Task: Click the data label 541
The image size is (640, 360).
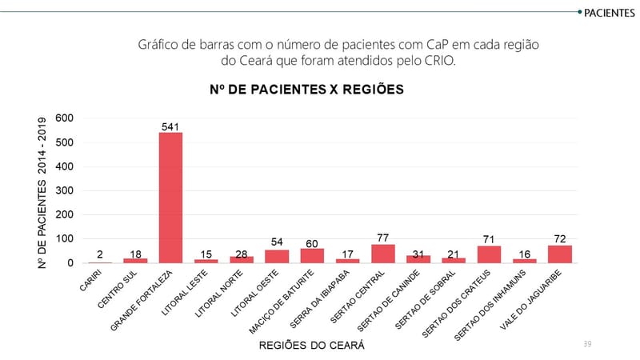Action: (170, 126)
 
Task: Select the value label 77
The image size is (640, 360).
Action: (383, 238)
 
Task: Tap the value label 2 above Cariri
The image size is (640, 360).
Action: (100, 254)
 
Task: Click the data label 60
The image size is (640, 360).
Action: (312, 242)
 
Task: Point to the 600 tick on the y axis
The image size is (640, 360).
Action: (65, 118)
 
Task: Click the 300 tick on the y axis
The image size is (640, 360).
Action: (65, 190)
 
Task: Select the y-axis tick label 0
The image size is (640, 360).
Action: (70, 262)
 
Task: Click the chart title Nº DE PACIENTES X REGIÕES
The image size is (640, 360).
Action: (302, 89)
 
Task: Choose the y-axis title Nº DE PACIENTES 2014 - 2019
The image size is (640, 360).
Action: (42, 192)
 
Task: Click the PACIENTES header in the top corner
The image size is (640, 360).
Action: (610, 13)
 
